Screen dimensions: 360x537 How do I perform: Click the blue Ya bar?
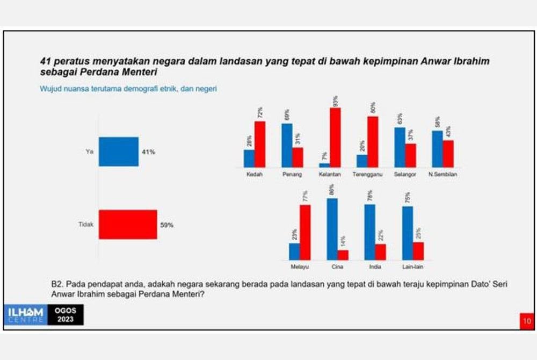pyautogui.click(x=118, y=152)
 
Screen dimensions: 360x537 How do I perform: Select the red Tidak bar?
pyautogui.click(x=128, y=224)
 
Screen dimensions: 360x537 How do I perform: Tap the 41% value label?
pyautogui.click(x=148, y=152)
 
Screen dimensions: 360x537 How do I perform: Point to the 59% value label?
pyautogui.click(x=166, y=225)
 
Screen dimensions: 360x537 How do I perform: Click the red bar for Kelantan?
pyautogui.click(x=336, y=138)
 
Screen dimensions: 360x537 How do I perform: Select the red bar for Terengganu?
pyautogui.click(x=373, y=142)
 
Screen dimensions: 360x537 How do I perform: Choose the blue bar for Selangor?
pyautogui.click(x=400, y=147)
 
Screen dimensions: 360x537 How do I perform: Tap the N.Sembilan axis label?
pyautogui.click(x=442, y=175)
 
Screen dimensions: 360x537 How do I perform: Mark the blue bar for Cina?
pyautogui.click(x=332, y=229)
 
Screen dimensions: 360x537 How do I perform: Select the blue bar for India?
pyautogui.click(x=369, y=232)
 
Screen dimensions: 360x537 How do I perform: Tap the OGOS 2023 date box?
pyautogui.click(x=64, y=314)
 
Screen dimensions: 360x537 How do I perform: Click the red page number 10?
pyautogui.click(x=526, y=321)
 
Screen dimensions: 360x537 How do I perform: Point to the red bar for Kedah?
pyautogui.click(x=260, y=145)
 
